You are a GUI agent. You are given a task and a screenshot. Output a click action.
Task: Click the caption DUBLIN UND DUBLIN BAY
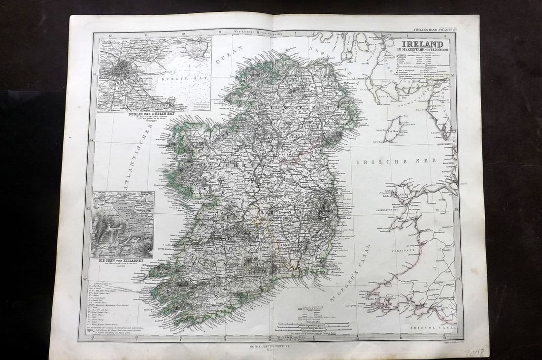pos(138,114)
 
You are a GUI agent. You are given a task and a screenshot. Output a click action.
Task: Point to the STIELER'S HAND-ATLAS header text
pos(429,31)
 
